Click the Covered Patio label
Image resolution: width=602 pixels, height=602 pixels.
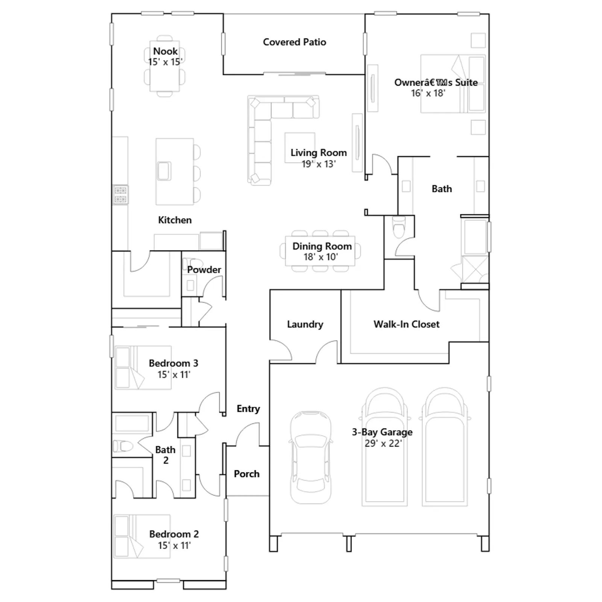[294, 42]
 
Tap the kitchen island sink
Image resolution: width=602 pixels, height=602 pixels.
[164, 171]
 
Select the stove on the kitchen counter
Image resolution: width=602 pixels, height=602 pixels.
[120, 195]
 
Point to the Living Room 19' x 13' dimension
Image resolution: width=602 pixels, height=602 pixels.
[319, 164]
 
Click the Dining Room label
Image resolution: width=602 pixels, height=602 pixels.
[322, 246]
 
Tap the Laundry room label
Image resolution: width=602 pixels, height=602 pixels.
[305, 324]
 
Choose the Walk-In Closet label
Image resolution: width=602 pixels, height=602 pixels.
[406, 324]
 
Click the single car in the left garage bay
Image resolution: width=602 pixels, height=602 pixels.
[311, 457]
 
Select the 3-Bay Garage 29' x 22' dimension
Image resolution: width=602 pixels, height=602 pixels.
[383, 444]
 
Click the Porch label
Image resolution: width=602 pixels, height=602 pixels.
[247, 474]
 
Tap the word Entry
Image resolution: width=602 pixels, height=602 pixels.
[248, 409]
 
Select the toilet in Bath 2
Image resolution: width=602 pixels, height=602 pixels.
[123, 447]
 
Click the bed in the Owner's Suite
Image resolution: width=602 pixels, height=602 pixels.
[453, 84]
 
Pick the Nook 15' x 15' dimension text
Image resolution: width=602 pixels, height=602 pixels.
[166, 62]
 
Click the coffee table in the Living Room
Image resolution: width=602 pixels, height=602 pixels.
[300, 148]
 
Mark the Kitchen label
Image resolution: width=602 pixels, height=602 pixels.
[175, 220]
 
